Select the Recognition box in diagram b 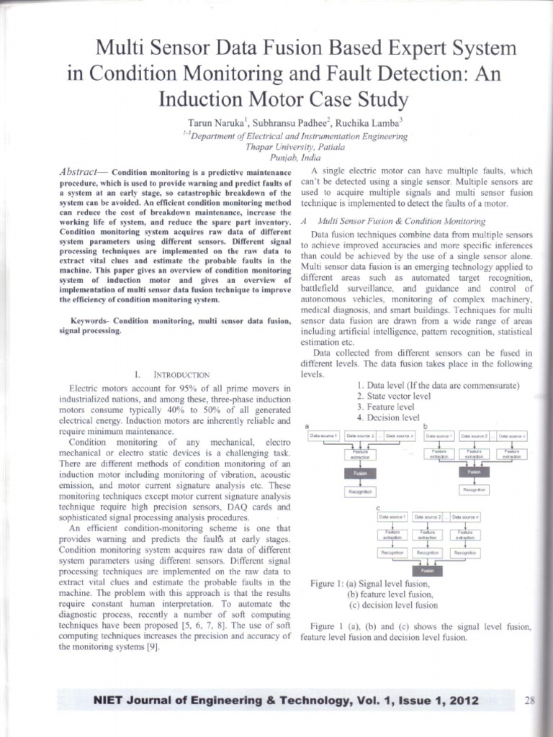pos(473,489)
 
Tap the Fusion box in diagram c pos(427,569)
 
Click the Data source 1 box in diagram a pos(323,435)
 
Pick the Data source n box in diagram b pos(512,435)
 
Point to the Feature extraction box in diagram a pos(359,454)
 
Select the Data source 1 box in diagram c pos(392,516)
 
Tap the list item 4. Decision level pos(387,417)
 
